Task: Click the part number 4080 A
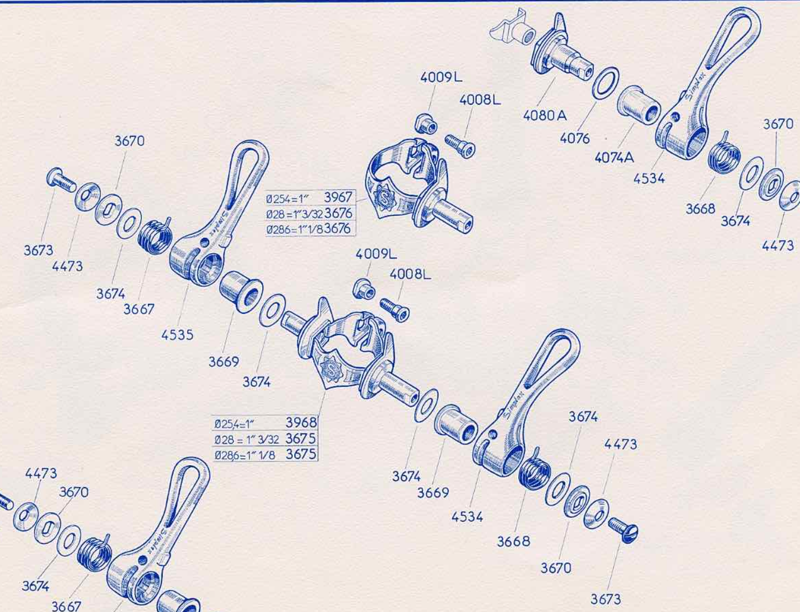click(545, 115)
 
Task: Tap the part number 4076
click(575, 138)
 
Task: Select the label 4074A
click(614, 157)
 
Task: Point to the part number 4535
click(177, 335)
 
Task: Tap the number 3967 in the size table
click(338, 197)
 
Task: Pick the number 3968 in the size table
click(301, 423)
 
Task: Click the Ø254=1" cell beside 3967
click(287, 199)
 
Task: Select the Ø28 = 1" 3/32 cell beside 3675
click(246, 440)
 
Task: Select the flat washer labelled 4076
click(606, 83)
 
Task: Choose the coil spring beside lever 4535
click(154, 236)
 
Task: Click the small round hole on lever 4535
click(205, 242)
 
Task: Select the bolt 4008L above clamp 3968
click(395, 310)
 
